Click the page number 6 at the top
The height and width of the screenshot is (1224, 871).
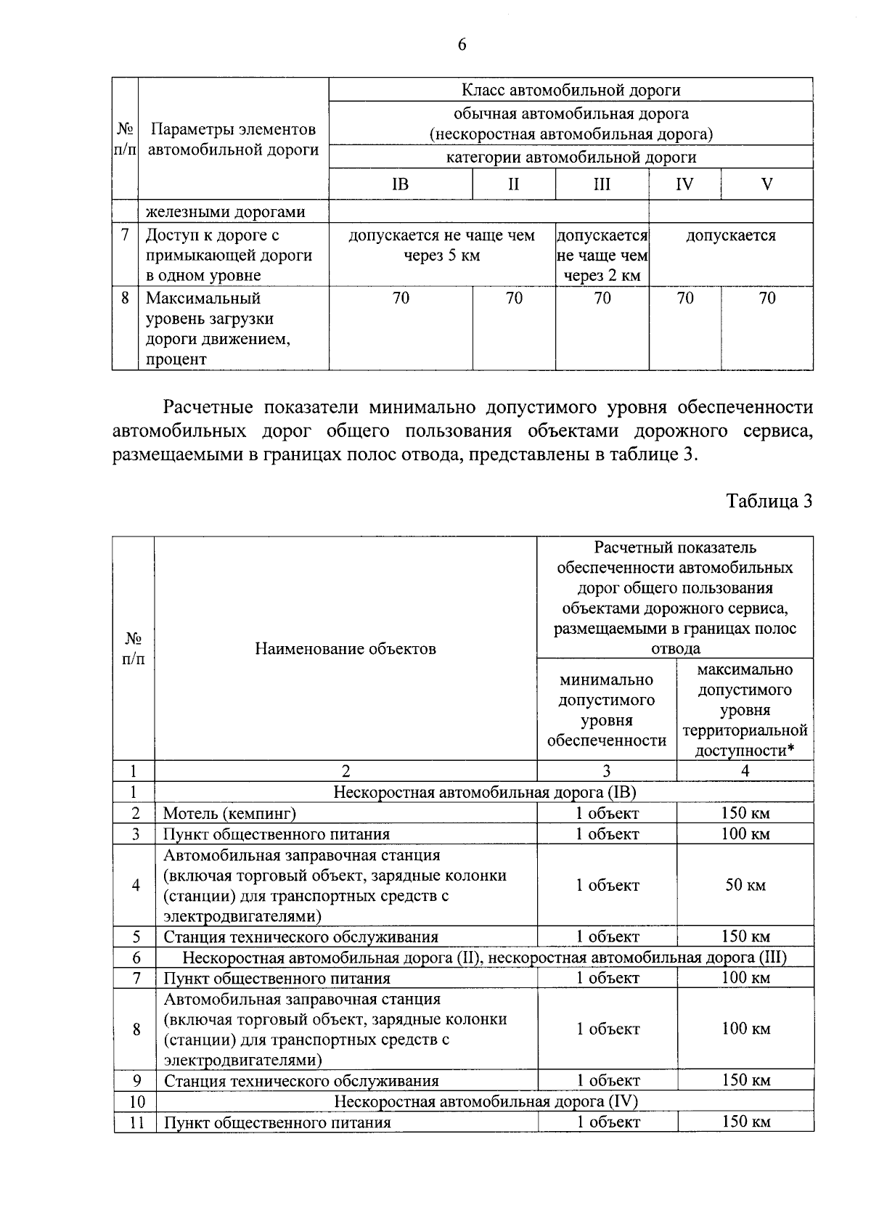click(462, 45)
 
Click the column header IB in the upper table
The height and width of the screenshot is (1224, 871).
click(400, 184)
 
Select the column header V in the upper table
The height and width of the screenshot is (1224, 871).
click(766, 184)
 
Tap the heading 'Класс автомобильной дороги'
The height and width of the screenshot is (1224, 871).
click(571, 90)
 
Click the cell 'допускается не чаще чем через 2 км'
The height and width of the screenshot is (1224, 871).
click(602, 256)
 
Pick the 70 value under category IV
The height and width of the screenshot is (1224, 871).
click(684, 298)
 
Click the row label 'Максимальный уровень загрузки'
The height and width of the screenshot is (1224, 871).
click(218, 319)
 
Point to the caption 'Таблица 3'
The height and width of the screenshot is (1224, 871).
click(769, 501)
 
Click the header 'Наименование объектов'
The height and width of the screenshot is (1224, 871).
click(345, 648)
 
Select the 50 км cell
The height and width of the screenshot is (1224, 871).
click(745, 885)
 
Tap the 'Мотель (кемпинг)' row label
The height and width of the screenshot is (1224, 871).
click(230, 813)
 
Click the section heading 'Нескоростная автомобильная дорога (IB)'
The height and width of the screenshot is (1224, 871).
click(484, 792)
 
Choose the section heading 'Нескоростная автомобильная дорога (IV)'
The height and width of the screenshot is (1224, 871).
click(485, 1101)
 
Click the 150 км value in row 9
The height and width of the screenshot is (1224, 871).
click(745, 1080)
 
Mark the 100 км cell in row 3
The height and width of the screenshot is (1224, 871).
click(745, 833)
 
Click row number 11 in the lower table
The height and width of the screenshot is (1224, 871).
click(136, 1122)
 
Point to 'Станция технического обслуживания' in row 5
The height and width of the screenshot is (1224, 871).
click(300, 937)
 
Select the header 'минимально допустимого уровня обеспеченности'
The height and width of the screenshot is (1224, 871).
click(606, 710)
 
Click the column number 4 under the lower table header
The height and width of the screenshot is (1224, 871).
click(745, 771)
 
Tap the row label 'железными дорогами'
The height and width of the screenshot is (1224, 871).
click(226, 212)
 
